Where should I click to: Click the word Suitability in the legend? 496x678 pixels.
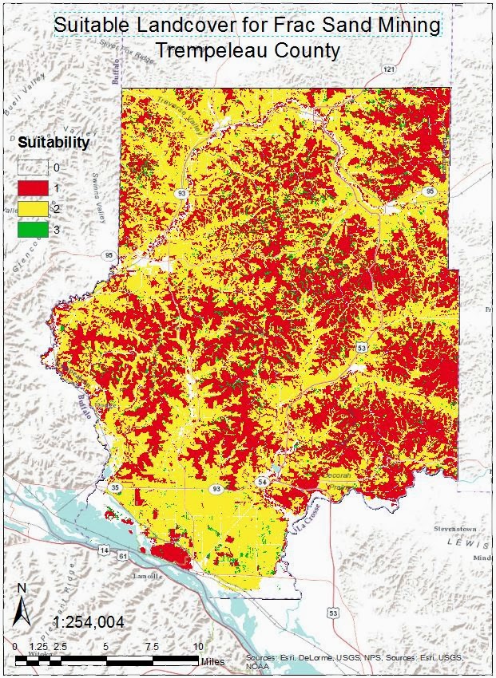pos(54,144)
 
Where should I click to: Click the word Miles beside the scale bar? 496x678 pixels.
pos(212,661)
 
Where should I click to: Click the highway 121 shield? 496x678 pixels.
pos(389,70)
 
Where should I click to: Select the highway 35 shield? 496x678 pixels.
pos(116,487)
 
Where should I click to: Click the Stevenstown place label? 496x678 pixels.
pos(454,528)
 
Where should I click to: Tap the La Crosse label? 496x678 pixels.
pos(304,508)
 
